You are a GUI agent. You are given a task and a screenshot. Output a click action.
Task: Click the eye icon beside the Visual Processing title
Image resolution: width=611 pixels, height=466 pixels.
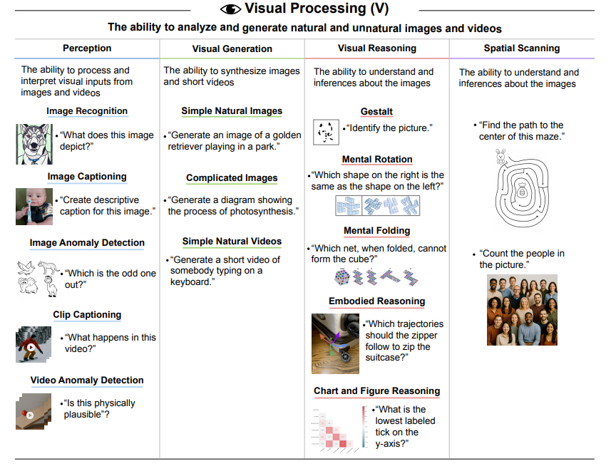pyautogui.click(x=231, y=9)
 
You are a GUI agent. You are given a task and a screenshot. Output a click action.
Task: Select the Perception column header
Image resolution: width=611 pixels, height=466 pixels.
pyautogui.click(x=87, y=48)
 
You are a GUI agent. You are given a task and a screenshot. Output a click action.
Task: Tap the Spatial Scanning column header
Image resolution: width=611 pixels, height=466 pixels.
pyautogui.click(x=521, y=48)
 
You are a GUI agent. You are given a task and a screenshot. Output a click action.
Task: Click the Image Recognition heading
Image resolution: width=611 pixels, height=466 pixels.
pyautogui.click(x=87, y=111)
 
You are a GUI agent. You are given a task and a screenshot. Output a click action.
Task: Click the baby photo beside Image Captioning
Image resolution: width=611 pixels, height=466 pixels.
pyautogui.click(x=34, y=206)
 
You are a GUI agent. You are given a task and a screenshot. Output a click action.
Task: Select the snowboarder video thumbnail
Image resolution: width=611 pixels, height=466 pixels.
pyautogui.click(x=34, y=344)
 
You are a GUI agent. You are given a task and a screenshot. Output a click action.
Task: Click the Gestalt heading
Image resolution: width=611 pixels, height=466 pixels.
pyautogui.click(x=376, y=112)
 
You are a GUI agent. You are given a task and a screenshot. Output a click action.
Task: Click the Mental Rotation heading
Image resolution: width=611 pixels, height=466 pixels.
pyautogui.click(x=376, y=160)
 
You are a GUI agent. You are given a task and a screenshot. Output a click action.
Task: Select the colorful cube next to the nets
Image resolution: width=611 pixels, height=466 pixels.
pyautogui.click(x=341, y=277)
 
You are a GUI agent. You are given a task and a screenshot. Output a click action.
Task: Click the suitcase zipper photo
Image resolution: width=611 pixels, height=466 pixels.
pyautogui.click(x=335, y=343)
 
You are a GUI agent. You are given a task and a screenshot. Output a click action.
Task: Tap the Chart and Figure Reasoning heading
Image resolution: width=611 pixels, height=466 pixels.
pyautogui.click(x=376, y=391)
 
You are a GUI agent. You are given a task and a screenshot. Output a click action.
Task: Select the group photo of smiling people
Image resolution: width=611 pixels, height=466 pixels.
pyautogui.click(x=522, y=310)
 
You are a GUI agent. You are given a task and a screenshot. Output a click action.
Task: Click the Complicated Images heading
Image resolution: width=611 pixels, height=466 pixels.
pyautogui.click(x=232, y=178)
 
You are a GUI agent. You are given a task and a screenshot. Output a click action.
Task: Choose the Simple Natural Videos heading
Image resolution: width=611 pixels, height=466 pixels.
pyautogui.click(x=232, y=242)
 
